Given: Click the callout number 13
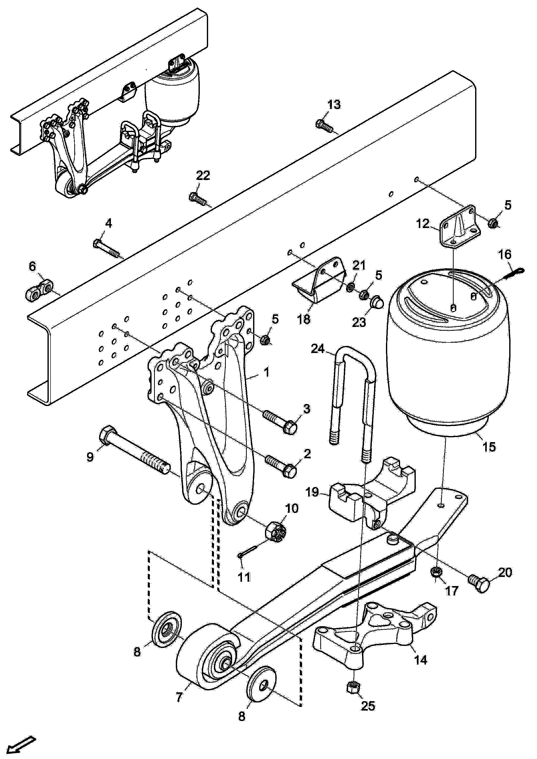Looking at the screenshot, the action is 334,105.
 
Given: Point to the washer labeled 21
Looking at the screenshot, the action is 351,286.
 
